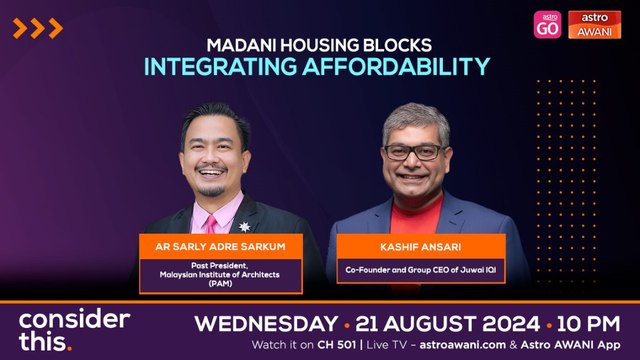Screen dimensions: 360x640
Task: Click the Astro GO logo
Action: coord(547,24)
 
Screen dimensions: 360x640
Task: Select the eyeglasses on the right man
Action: coord(412,152)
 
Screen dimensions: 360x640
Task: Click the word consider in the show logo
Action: coord(75,321)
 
